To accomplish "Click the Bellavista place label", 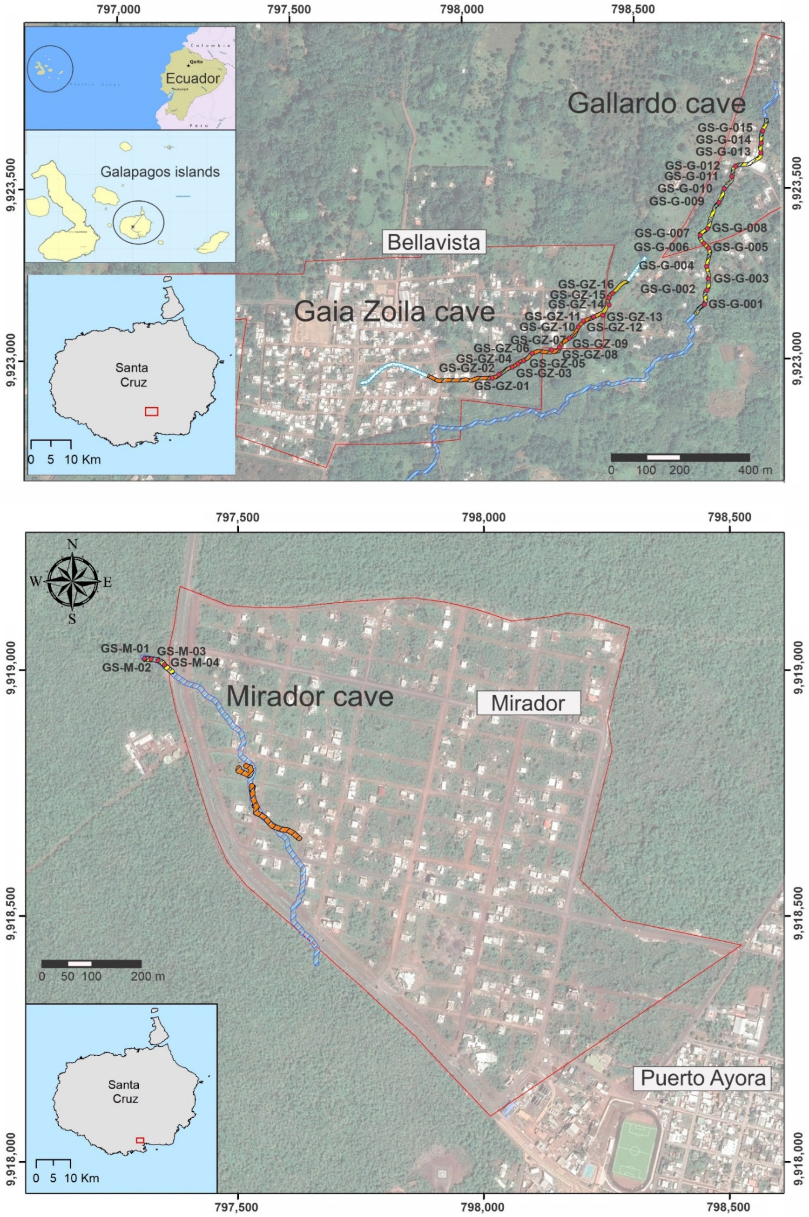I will [434, 242].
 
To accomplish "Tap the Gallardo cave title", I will [656, 104].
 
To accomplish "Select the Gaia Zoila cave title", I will [395, 312].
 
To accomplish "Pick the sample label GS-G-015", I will [725, 127].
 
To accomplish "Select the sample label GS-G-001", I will [735, 304].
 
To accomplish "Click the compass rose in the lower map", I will [72, 581].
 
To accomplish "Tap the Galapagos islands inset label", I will [160, 172].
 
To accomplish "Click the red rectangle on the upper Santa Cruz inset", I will [151, 411].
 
